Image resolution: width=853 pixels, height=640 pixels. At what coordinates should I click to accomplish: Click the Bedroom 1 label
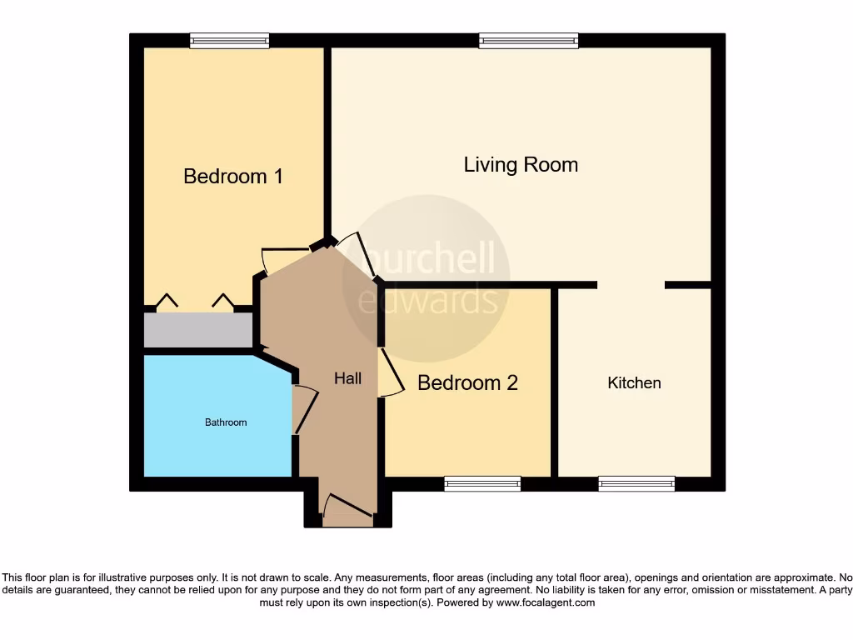click(x=233, y=177)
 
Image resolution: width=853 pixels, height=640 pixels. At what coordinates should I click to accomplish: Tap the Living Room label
click(x=521, y=165)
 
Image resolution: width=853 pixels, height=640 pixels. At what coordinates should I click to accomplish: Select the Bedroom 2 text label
click(x=467, y=382)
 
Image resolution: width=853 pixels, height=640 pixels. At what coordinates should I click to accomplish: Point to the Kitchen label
click(x=634, y=382)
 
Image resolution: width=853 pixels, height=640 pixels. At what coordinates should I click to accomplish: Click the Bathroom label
click(x=226, y=422)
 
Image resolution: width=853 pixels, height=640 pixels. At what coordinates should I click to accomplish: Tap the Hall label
click(x=347, y=378)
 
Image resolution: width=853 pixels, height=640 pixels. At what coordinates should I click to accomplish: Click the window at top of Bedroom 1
click(x=229, y=40)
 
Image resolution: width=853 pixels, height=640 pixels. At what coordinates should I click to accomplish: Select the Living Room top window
click(x=528, y=40)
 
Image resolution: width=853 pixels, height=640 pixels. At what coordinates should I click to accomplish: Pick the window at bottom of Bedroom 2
click(x=482, y=483)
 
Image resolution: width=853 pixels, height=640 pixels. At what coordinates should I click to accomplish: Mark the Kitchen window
click(x=636, y=483)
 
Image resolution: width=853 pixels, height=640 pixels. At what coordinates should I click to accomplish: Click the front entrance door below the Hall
click(x=347, y=511)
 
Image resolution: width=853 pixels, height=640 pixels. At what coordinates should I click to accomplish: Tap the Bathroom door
click(x=305, y=409)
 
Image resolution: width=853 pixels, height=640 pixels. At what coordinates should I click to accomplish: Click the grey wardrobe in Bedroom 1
click(x=198, y=331)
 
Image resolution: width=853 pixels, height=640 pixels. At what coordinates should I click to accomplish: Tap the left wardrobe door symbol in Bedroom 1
click(x=167, y=301)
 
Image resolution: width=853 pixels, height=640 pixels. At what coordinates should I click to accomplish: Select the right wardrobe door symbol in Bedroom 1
click(x=222, y=301)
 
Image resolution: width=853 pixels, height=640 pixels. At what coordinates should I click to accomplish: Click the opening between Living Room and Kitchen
click(x=631, y=285)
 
